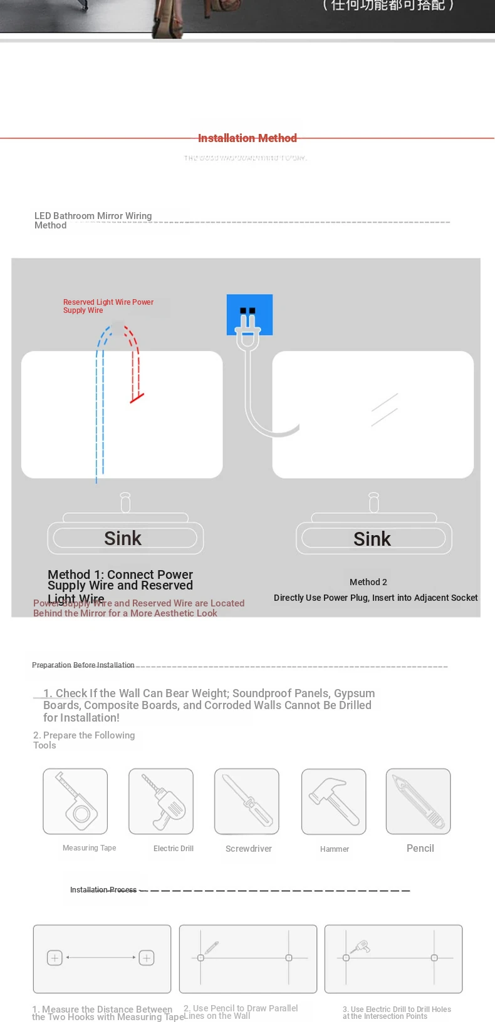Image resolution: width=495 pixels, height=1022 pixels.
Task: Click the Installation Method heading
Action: point(247,138)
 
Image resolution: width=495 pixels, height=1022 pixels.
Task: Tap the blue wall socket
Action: point(249,314)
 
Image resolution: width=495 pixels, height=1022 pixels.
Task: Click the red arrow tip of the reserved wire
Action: point(136,397)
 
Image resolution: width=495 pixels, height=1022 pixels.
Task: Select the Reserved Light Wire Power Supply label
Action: point(108,306)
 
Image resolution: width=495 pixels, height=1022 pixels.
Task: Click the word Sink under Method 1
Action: point(123,538)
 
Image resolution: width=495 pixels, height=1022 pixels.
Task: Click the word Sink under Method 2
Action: point(372,539)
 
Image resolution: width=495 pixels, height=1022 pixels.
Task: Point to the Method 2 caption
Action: point(368,582)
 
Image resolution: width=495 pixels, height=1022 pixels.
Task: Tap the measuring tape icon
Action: point(75,801)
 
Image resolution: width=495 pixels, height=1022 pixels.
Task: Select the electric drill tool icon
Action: point(161,801)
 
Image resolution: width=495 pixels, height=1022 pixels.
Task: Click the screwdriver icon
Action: point(247,801)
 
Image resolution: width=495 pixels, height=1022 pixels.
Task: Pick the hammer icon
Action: point(333,801)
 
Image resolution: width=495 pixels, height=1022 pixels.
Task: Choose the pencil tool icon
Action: point(418,801)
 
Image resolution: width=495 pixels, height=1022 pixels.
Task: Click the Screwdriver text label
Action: point(249,849)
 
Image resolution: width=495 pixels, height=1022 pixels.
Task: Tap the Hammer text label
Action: point(335,849)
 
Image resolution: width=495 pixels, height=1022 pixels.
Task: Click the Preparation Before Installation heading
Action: point(83,665)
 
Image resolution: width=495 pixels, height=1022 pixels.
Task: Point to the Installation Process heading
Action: point(103,889)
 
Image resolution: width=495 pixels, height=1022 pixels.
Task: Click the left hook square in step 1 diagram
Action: point(55,958)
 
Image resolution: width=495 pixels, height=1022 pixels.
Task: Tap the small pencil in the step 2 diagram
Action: point(212,948)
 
